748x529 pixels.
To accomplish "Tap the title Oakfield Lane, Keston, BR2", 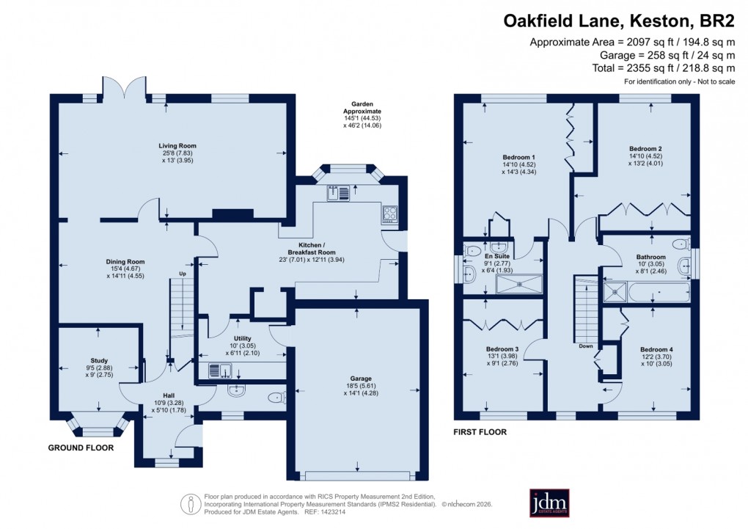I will [x=619, y=21].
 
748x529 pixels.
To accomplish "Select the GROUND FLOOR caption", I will [x=81, y=448].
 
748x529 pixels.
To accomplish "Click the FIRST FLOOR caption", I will [x=480, y=432].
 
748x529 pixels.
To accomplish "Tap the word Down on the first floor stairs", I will [x=585, y=346].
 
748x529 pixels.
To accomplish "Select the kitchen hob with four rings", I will [x=389, y=214].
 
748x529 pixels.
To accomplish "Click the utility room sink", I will [x=219, y=371].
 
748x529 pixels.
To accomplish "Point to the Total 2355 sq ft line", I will [x=642, y=68].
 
